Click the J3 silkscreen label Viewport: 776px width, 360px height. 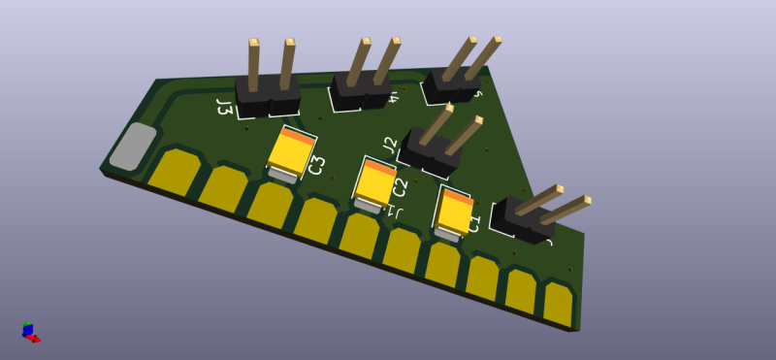(224, 106)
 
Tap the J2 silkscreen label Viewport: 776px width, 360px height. (390, 146)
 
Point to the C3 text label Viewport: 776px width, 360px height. (315, 166)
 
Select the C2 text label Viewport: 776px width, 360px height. (400, 188)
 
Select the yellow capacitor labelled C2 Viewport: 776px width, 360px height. (373, 184)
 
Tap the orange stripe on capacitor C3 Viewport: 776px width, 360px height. (300, 137)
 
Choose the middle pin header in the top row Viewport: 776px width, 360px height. (361, 89)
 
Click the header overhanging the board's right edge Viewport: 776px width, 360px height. (524, 218)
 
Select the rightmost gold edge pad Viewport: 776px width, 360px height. (559, 303)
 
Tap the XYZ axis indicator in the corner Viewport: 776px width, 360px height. (30, 332)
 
